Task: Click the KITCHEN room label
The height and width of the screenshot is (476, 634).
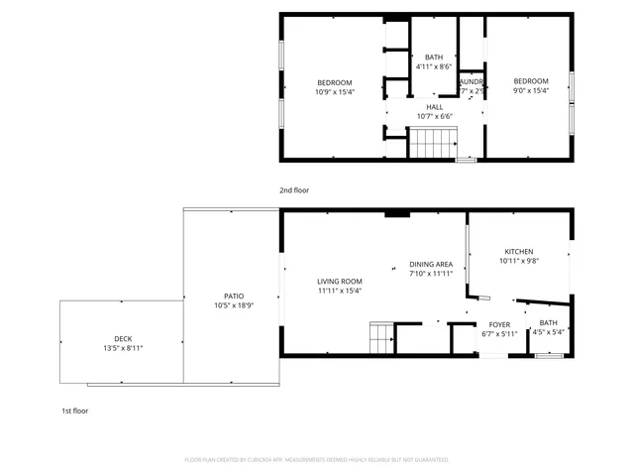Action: pyautogui.click(x=519, y=251)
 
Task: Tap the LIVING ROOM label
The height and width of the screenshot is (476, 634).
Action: pyautogui.click(x=340, y=281)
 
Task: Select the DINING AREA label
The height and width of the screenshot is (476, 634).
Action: pyautogui.click(x=431, y=264)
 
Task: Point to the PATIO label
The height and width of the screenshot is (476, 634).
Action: pyautogui.click(x=234, y=296)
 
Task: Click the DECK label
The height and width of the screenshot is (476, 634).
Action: pyautogui.click(x=123, y=338)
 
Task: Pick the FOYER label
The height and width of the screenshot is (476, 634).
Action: pyautogui.click(x=499, y=324)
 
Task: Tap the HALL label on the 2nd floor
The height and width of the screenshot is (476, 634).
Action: pyautogui.click(x=434, y=106)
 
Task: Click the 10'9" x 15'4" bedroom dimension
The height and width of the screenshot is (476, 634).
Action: pyautogui.click(x=334, y=91)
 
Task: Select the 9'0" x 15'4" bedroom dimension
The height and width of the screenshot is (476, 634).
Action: pyautogui.click(x=530, y=91)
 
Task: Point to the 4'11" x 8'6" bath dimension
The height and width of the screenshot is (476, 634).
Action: pyautogui.click(x=434, y=66)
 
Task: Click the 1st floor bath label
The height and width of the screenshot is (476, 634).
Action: pyautogui.click(x=548, y=322)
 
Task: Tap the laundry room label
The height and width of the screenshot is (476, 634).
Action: pyautogui.click(x=472, y=81)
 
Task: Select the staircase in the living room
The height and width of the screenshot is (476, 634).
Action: pyautogui.click(x=382, y=339)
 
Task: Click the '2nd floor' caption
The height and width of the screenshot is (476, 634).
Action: pyautogui.click(x=294, y=189)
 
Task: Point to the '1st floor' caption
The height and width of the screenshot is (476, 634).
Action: pyautogui.click(x=75, y=410)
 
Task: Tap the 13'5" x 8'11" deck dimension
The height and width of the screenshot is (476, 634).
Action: pyautogui.click(x=123, y=348)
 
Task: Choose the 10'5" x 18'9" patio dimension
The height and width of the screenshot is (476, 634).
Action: pyautogui.click(x=234, y=305)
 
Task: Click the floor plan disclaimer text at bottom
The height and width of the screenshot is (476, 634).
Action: pyautogui.click(x=317, y=460)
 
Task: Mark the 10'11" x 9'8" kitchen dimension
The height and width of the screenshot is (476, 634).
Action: pyautogui.click(x=519, y=261)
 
